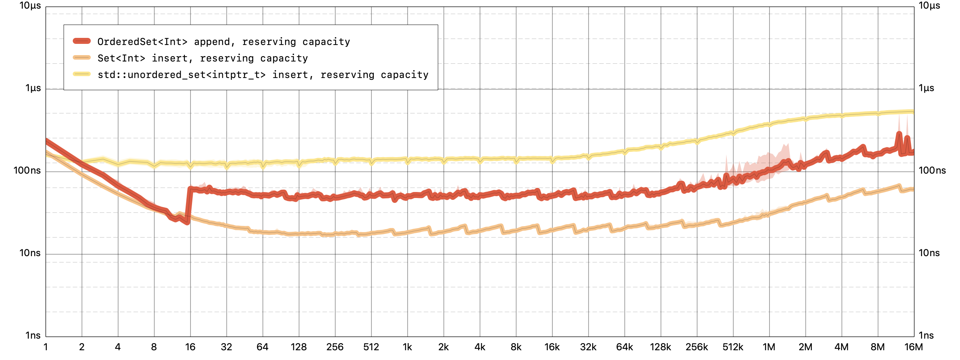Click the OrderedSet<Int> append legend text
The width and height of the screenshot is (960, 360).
[x=223, y=42]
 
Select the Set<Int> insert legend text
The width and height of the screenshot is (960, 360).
[x=202, y=58]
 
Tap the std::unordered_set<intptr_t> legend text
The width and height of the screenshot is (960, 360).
[x=262, y=75]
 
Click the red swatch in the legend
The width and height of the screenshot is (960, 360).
[x=82, y=41]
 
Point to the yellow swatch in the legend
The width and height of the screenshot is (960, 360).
[x=82, y=74]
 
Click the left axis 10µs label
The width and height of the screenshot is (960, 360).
[x=30, y=6]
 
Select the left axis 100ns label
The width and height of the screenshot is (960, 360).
[x=27, y=171]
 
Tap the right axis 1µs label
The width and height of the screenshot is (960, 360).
[x=926, y=88]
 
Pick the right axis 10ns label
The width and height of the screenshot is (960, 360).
[x=929, y=253]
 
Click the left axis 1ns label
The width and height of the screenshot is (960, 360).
[x=33, y=335]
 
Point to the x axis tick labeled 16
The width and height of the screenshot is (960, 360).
[x=190, y=347]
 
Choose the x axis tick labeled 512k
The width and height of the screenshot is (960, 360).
[x=733, y=347]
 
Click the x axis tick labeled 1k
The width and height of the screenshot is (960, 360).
[x=407, y=347]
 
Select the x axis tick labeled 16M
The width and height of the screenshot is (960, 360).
[x=913, y=347]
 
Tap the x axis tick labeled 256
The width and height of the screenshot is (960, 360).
[x=335, y=347]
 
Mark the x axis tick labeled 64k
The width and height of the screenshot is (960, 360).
[x=624, y=347]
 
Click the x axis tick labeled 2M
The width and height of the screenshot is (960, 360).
[x=805, y=347]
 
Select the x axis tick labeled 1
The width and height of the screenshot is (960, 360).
[x=46, y=347]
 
